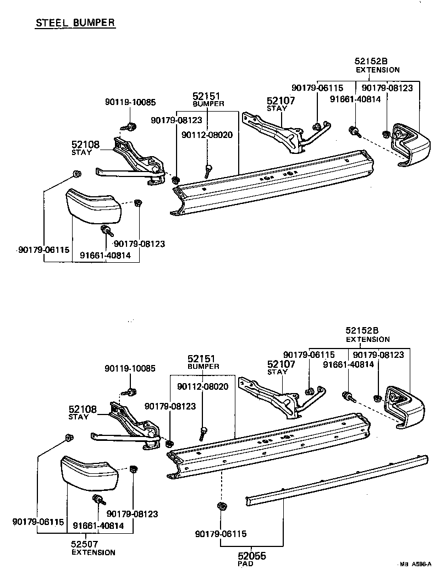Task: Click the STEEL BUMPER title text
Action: tap(75, 23)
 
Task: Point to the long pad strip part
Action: tap(335, 478)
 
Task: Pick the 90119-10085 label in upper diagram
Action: tap(130, 102)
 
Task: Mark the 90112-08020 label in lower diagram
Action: tap(202, 387)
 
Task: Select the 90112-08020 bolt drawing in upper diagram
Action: tap(208, 170)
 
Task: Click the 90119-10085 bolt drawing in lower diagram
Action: tap(131, 392)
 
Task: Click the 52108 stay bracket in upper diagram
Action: tap(135, 159)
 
